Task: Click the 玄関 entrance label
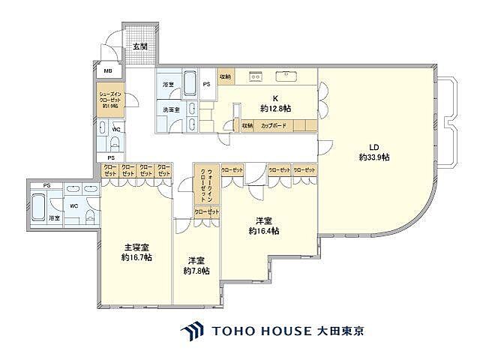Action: (x=140, y=46)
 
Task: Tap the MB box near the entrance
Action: (x=108, y=71)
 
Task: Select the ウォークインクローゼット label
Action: (x=203, y=184)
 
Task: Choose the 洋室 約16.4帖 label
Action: (x=263, y=226)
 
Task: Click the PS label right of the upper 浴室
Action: (x=207, y=85)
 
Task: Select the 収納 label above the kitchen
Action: (x=224, y=76)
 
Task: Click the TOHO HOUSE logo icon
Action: (x=191, y=331)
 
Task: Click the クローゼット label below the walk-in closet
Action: (x=207, y=213)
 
